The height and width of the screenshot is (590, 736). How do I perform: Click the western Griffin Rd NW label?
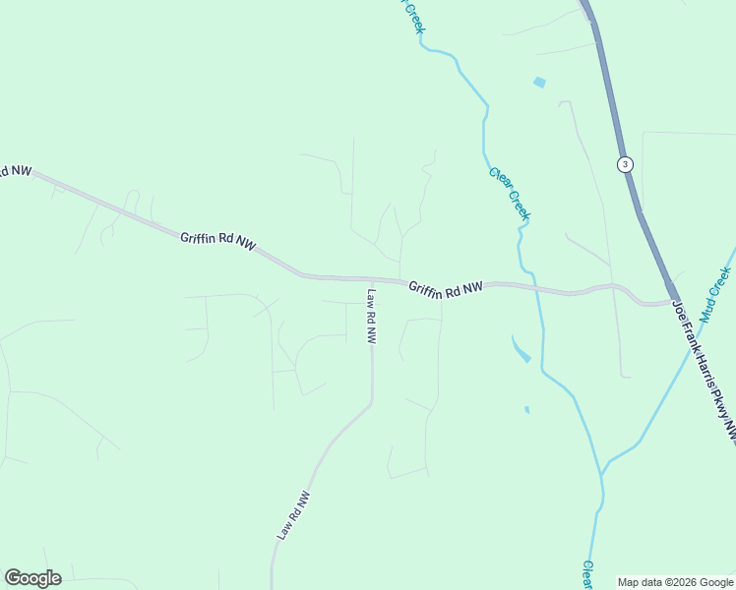217,241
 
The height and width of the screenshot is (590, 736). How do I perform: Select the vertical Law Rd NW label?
372,315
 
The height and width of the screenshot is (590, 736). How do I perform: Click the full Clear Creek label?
510,193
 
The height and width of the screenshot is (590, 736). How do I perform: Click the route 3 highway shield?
625,163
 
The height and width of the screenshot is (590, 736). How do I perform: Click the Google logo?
32,578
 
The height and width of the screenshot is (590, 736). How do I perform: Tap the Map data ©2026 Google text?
676,582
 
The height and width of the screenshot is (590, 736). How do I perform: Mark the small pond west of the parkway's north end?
538,83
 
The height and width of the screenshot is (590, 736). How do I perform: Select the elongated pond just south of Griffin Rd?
521,348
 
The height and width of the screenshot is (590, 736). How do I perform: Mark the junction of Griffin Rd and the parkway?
672,299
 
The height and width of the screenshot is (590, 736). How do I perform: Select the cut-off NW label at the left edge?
15,171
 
